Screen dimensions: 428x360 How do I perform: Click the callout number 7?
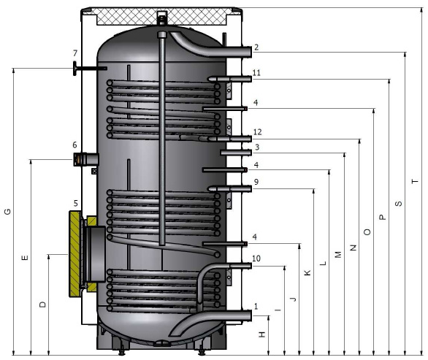tap(75, 53)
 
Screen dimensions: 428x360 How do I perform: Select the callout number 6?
tap(74, 145)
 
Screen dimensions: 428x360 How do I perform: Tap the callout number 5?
tap(76, 203)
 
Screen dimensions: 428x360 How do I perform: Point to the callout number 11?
tap(256, 72)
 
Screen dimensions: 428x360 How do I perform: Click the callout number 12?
tap(257, 132)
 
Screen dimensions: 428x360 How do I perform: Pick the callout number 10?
tap(256, 258)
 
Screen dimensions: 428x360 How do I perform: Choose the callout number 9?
tap(256, 182)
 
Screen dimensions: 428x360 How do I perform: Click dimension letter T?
tap(415, 181)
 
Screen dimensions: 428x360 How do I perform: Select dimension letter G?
tap(7, 211)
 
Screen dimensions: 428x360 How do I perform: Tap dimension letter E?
tap(25, 257)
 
